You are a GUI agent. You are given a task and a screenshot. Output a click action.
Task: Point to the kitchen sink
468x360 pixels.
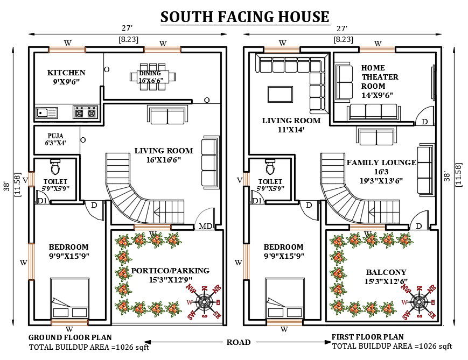(46, 112)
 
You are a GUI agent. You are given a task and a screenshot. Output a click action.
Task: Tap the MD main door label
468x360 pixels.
(205, 225)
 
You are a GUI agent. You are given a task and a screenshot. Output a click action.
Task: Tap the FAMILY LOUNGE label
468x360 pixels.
(381, 163)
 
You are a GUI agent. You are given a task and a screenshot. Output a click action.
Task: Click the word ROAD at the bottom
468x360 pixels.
(238, 342)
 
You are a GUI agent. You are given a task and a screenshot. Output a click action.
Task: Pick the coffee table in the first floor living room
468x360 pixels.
(281, 94)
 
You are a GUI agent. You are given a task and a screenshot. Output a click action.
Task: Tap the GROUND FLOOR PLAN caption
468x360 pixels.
(69, 337)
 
